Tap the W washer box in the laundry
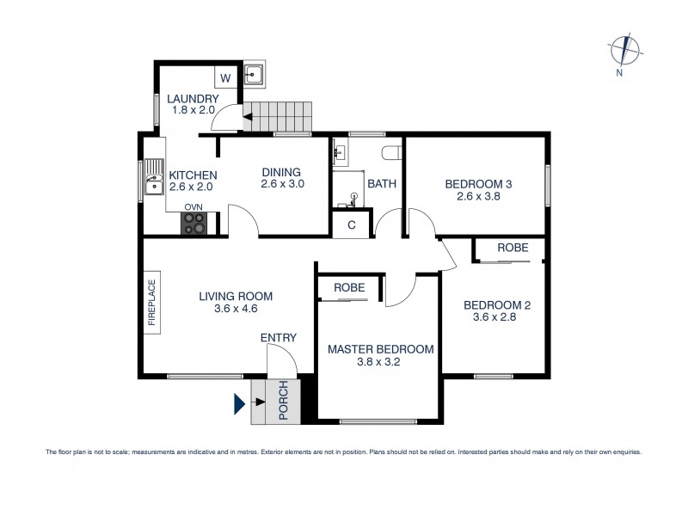click(x=224, y=78)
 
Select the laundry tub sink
click(x=255, y=75)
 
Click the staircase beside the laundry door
click(x=277, y=117)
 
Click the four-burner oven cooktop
click(x=193, y=223)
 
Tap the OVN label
click(x=193, y=207)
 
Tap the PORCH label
click(x=283, y=402)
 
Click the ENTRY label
click(x=279, y=338)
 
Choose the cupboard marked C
click(x=352, y=224)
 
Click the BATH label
click(x=381, y=183)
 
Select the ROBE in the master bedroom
click(x=342, y=287)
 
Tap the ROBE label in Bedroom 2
click(x=513, y=248)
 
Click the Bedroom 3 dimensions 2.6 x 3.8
click(x=478, y=196)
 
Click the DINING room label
click(x=282, y=170)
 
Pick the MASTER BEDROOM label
click(x=380, y=349)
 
